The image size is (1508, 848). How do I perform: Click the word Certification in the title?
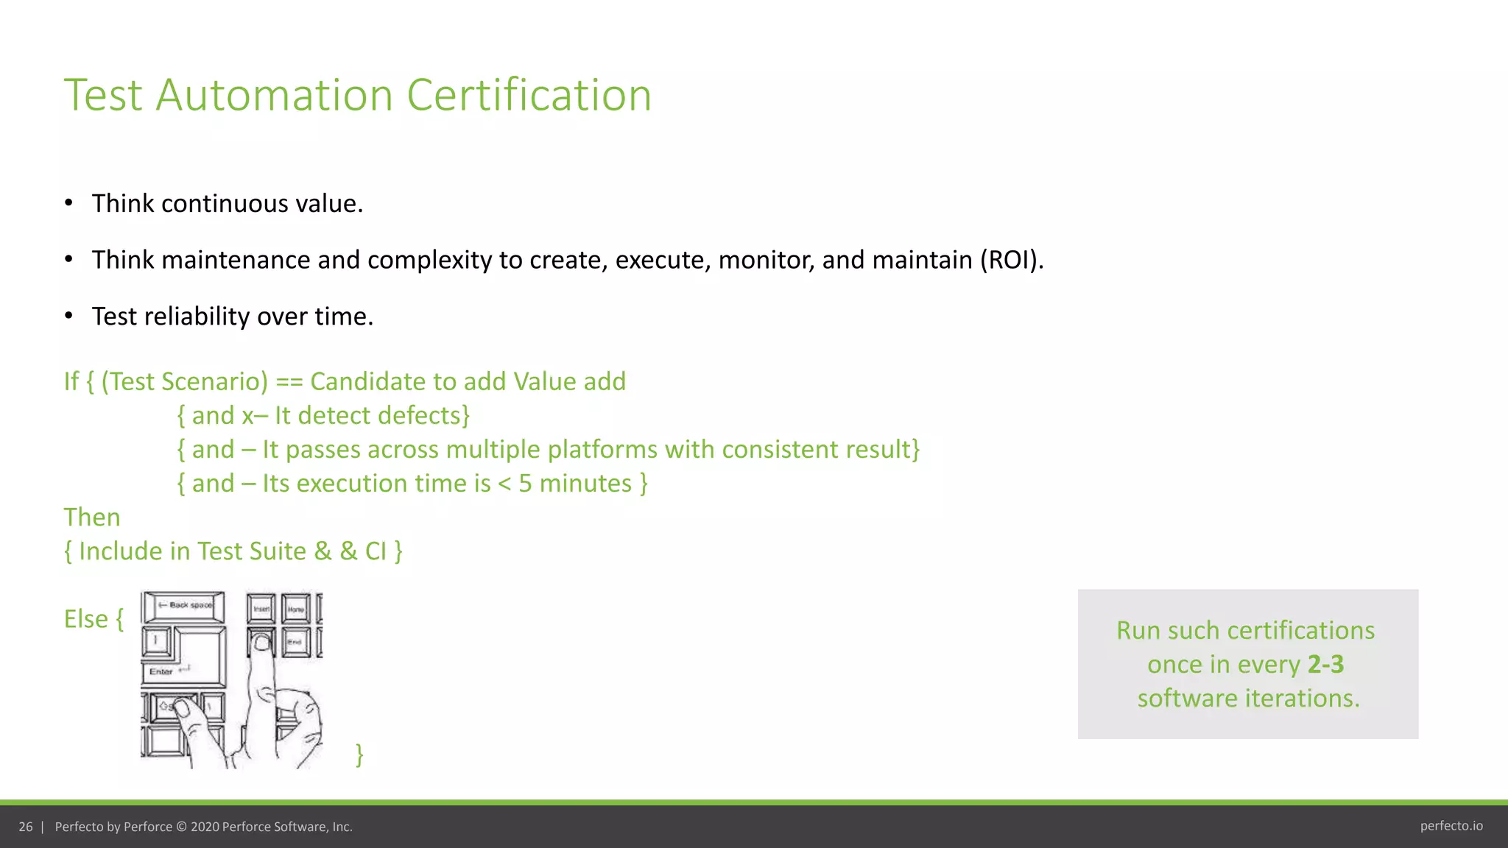click(529, 95)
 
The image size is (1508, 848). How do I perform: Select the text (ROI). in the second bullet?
click(1011, 260)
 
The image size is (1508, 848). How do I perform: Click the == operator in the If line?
click(289, 382)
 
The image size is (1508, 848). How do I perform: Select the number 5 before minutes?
click(525, 484)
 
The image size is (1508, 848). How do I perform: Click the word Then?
click(92, 517)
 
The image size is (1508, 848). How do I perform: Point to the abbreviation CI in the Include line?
click(376, 551)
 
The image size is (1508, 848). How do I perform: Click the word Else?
click(86, 619)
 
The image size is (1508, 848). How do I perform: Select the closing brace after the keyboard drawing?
click(359, 755)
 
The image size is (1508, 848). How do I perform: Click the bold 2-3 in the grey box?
click(1325, 665)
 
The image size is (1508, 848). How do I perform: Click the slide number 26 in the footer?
click(26, 827)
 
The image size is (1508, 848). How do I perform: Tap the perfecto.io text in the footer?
click(1451, 826)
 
